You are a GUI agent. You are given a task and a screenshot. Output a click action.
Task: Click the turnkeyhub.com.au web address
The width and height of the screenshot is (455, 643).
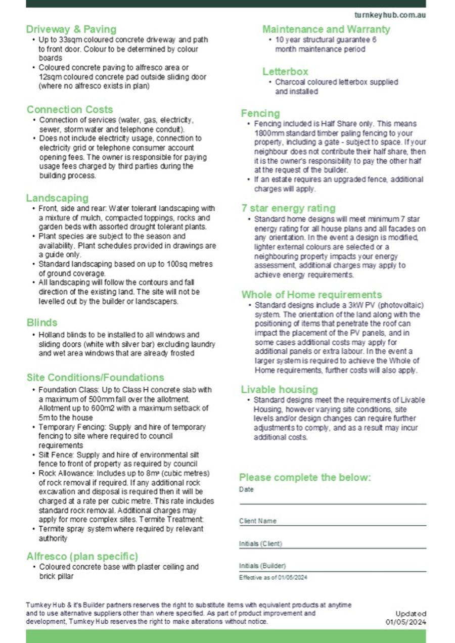click(x=390, y=15)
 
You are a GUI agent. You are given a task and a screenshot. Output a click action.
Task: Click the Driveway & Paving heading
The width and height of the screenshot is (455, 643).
click(x=71, y=29)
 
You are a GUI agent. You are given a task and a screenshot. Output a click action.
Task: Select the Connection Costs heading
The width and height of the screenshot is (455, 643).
click(x=70, y=110)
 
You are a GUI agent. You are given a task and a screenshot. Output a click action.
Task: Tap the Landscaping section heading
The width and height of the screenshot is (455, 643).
click(x=57, y=198)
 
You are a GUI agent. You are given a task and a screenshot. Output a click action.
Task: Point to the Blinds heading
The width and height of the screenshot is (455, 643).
click(x=42, y=323)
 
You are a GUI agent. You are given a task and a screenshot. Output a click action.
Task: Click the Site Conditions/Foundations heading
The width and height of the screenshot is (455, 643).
click(x=96, y=378)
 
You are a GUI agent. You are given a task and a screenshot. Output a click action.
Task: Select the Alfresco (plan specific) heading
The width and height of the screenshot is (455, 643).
click(x=82, y=557)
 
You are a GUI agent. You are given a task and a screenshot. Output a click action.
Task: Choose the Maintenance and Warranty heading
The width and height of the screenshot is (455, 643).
click(x=326, y=29)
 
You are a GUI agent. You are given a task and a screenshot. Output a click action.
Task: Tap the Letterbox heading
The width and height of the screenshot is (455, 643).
click(x=285, y=71)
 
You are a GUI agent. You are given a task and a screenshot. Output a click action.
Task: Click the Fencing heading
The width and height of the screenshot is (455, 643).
click(x=260, y=113)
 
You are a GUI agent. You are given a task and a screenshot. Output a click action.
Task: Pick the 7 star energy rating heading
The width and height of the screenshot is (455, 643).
click(x=288, y=208)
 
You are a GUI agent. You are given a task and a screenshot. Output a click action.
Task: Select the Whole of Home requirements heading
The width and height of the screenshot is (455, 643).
click(x=311, y=295)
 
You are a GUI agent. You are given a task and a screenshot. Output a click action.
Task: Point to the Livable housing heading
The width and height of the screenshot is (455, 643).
click(x=279, y=390)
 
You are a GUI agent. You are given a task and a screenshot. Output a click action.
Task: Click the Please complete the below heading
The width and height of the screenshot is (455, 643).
click(x=305, y=478)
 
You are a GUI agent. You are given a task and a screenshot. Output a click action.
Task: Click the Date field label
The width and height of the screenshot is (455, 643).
click(x=247, y=490)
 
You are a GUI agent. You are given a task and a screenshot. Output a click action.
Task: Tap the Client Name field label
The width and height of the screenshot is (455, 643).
click(x=258, y=521)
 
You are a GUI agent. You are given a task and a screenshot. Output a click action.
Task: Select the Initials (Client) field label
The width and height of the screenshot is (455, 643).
click(x=260, y=544)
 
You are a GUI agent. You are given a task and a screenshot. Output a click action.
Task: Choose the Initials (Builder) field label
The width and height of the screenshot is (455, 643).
click(x=262, y=566)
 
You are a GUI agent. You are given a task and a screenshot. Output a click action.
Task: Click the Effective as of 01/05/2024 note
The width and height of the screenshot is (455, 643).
click(x=273, y=577)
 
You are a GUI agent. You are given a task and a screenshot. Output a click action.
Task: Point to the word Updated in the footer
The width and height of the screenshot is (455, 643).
click(x=411, y=614)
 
